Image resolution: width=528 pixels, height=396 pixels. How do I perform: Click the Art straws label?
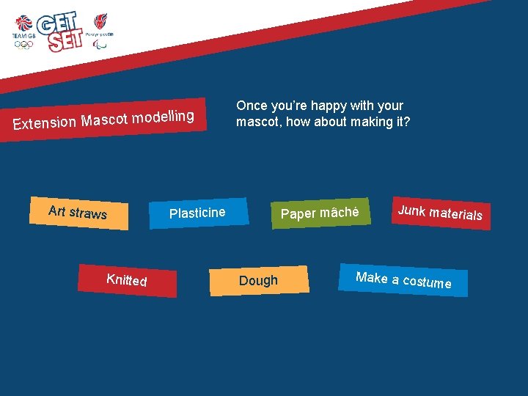coord(78,213)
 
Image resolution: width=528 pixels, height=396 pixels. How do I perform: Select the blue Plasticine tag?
coord(197,213)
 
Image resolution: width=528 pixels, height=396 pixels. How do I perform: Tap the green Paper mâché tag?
coord(320,213)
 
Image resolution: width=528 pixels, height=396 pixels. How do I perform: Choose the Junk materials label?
coord(440,213)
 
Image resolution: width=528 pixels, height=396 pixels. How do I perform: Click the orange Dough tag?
coord(258,281)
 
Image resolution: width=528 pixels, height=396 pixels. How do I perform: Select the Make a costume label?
coord(403,279)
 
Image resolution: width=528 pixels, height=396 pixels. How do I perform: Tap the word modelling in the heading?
coord(164,117)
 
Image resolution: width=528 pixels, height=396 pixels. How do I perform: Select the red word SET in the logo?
coord(65,41)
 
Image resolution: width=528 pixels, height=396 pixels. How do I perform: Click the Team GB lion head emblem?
coord(23,24)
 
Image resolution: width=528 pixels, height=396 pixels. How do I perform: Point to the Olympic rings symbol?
coord(23,45)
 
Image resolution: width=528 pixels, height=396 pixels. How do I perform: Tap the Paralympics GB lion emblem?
coord(100,21)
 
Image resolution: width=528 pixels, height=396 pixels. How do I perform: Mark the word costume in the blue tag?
coord(427,282)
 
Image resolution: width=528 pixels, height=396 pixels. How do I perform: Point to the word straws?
coord(89,213)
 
